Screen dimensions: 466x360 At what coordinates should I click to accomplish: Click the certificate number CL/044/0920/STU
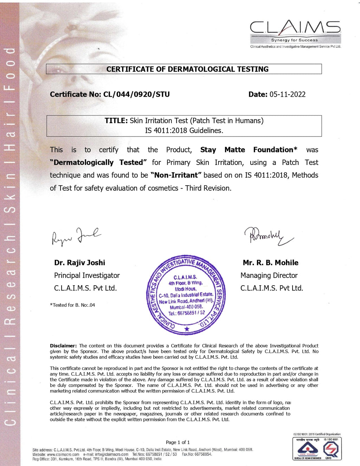[136, 94]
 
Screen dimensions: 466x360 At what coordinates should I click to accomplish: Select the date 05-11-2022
[287, 94]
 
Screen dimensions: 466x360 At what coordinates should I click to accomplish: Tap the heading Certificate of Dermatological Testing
[187, 69]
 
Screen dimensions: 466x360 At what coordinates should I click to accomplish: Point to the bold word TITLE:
[116, 121]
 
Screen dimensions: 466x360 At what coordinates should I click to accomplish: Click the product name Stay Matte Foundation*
[249, 150]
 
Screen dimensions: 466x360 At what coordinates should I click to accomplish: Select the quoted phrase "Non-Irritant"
[176, 175]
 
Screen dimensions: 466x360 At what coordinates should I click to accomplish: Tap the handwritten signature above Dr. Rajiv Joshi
[76, 236]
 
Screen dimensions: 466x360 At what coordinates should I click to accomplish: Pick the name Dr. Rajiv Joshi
[79, 263]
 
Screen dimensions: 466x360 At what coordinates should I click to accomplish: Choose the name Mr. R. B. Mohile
[270, 263]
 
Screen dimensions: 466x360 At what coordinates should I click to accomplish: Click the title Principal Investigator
[87, 275]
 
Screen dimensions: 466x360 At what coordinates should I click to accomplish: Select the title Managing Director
[269, 275]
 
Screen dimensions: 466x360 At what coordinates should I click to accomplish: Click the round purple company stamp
[186, 295]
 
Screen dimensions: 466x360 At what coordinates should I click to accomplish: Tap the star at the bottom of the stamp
[187, 329]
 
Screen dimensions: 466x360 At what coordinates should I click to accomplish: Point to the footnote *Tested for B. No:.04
[72, 305]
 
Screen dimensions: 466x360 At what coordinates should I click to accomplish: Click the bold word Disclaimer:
[63, 346]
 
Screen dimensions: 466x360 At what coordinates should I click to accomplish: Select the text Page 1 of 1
[178, 442]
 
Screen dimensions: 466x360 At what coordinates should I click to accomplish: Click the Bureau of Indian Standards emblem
[308, 448]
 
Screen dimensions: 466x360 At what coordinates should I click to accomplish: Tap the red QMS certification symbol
[331, 448]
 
